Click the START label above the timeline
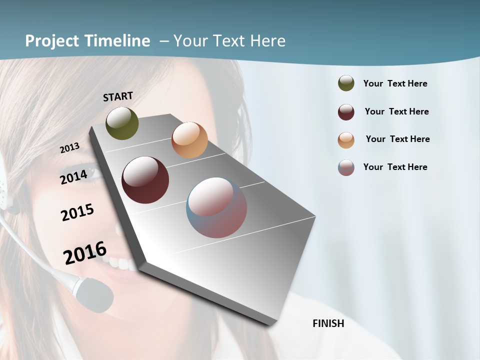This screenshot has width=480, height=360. (118, 96)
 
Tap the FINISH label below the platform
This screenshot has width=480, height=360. (328, 323)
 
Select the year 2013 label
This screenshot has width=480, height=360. (70, 148)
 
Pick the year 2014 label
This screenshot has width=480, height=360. (74, 177)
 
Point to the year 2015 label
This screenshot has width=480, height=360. (77, 212)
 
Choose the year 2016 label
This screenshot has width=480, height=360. (85, 252)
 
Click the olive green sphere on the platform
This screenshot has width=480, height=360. (122, 123)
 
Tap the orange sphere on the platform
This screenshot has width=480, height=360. (189, 140)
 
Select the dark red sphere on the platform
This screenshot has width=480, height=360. (145, 180)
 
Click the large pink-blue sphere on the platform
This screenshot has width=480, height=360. (216, 207)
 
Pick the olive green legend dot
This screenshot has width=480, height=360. (346, 83)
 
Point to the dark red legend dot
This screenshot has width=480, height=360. (346, 112)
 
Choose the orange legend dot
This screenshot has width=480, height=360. (346, 140)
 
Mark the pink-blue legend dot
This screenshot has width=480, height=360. (346, 167)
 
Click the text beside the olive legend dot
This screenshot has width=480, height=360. (395, 83)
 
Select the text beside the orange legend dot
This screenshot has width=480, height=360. (397, 139)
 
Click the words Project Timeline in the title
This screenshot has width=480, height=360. (87, 41)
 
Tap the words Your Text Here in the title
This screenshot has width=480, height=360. (229, 41)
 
